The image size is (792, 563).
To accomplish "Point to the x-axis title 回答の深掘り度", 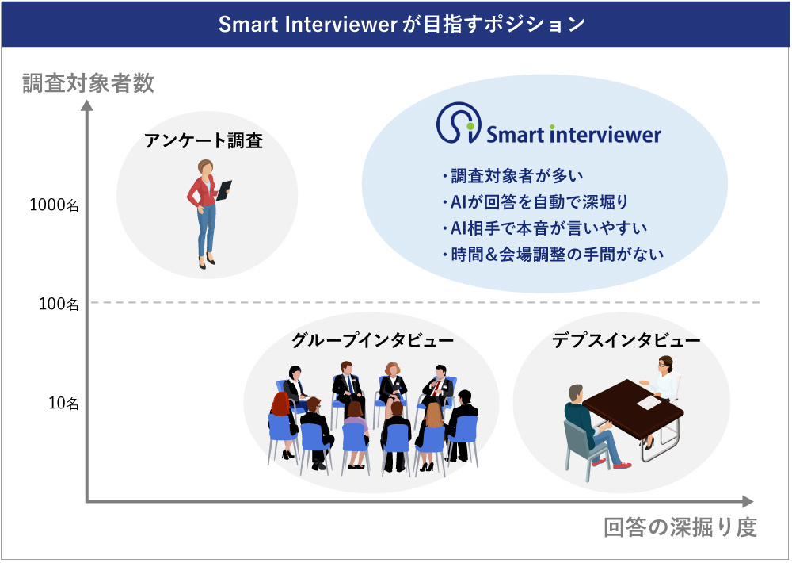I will (680, 527).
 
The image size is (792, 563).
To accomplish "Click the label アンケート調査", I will (204, 141).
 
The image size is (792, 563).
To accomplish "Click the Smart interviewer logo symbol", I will (459, 125).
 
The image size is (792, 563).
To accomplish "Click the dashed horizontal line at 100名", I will (428, 302).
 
